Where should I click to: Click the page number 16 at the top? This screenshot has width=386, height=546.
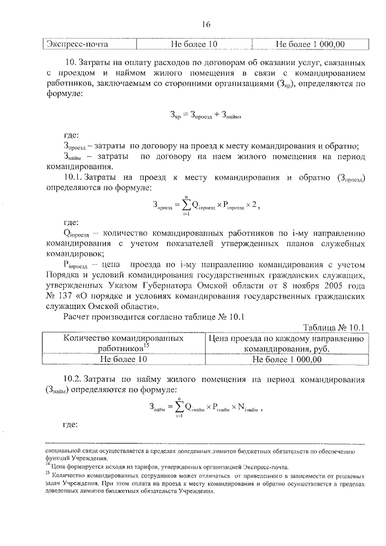point(206,25)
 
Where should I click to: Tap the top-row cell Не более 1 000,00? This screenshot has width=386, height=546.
point(309,45)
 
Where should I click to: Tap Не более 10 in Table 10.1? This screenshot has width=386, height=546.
point(125,359)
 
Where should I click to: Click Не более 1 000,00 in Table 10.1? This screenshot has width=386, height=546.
point(286,359)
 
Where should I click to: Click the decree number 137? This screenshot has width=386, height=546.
point(67,297)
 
